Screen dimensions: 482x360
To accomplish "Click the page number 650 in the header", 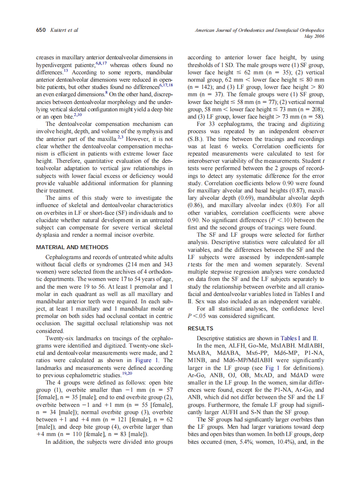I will [41, 30].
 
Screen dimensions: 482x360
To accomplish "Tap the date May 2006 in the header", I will [314, 37].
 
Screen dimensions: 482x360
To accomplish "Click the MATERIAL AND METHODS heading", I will [72, 247].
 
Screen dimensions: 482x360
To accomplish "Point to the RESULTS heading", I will [200, 328].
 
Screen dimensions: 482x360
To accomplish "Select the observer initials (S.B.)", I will [196, 139].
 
